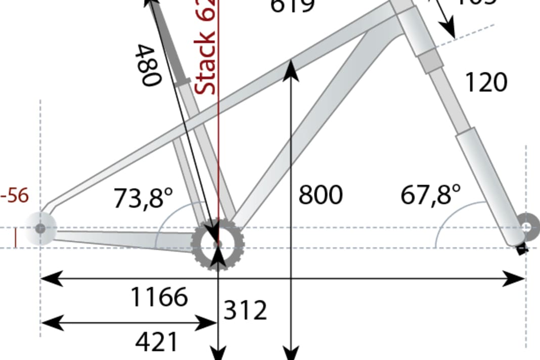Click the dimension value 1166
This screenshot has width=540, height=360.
[x=159, y=297]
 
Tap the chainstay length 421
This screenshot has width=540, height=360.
[x=157, y=342]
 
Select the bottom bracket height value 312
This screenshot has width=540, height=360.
[x=245, y=310]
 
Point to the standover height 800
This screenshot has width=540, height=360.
[x=320, y=195]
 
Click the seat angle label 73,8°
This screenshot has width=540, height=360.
[x=139, y=198]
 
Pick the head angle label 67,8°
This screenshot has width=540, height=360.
[x=431, y=195]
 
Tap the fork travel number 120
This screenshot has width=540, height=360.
[x=485, y=82]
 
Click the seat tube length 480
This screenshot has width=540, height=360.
[x=149, y=65]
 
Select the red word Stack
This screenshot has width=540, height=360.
[x=206, y=65]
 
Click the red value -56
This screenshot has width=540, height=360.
[x=15, y=196]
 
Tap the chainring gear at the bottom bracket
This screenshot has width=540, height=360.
[x=218, y=244]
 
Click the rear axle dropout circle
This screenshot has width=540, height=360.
[x=40, y=229]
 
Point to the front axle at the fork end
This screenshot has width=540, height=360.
[x=527, y=227]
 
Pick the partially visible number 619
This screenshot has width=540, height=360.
[x=293, y=6]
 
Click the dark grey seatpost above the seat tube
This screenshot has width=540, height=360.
[x=167, y=40]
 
